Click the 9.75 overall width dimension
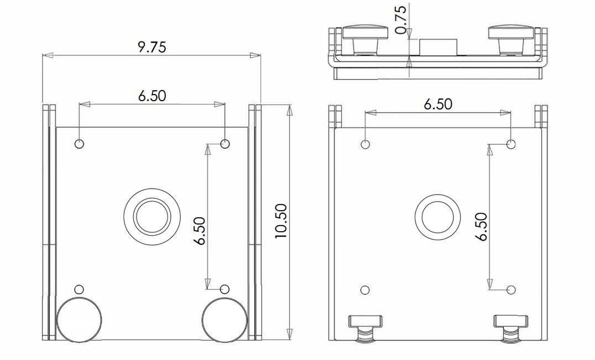pos(152,47)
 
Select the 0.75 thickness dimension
pos(401,19)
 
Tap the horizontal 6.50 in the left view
pos(152,95)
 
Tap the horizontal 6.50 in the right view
pos(437,104)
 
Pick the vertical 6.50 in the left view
pos(199,231)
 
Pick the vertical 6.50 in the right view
pos(481,227)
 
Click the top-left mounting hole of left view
pos(80,144)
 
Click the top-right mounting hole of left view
pos(225,144)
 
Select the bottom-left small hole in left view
pos(80,289)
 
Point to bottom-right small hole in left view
pos(225,289)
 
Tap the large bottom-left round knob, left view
pos(80,320)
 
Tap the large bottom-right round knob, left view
pos(224,320)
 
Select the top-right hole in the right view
pos(512,144)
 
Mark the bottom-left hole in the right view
pos(365,290)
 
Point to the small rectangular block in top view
pos(437,47)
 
